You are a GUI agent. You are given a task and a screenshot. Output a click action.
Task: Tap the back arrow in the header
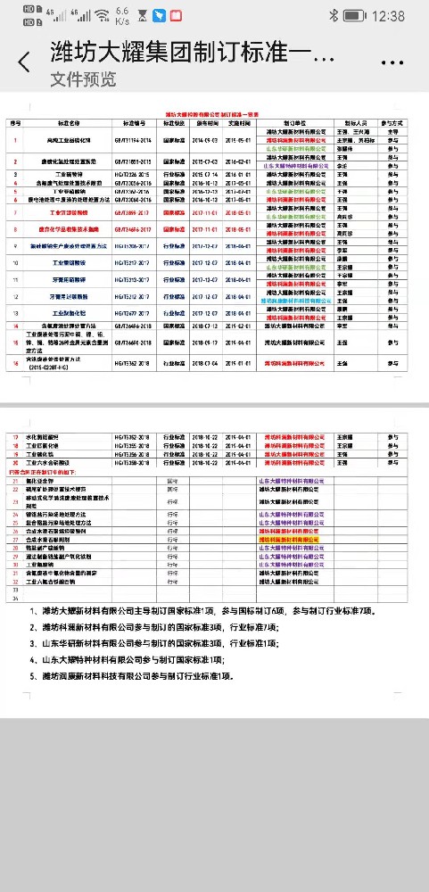coord(24,62)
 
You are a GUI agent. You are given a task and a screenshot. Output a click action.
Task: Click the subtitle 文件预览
coord(83,78)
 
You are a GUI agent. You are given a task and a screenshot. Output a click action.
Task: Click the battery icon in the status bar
coord(353,16)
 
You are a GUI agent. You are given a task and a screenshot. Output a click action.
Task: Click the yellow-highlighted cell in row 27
coord(288,540)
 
